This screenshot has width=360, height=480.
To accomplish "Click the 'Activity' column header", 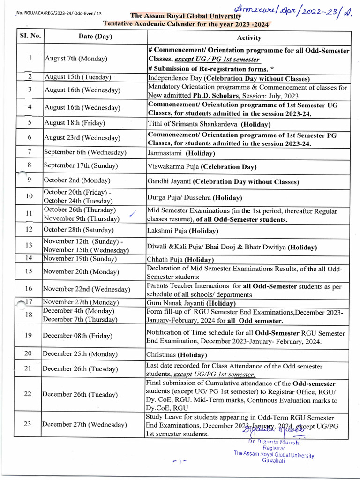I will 249,37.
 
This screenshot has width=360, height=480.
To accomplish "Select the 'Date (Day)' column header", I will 95,37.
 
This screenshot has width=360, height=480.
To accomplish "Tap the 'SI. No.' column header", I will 30,36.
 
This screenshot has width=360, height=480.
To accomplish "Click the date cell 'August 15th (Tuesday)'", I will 77,77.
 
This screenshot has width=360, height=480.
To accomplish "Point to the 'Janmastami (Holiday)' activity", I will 181,153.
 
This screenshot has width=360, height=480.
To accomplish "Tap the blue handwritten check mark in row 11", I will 133,214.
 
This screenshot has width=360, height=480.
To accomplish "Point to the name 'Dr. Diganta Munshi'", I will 274,442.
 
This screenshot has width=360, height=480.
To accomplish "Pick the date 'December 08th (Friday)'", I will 78,336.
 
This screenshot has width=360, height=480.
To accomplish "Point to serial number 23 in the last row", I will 28,424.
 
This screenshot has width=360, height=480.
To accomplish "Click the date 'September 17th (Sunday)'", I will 81,166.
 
